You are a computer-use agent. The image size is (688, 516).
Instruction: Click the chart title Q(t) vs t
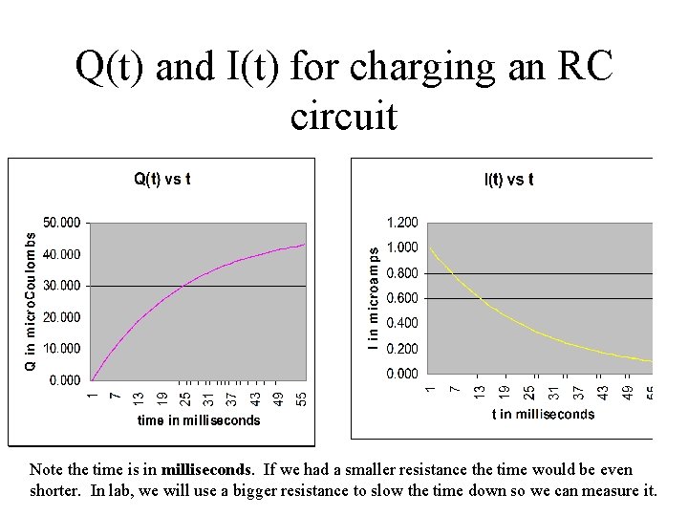click(x=161, y=178)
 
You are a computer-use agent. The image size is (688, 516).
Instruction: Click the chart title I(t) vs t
click(x=508, y=180)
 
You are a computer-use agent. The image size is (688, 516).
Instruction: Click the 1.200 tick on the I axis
click(x=401, y=223)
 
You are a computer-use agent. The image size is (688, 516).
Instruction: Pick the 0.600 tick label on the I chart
click(x=401, y=298)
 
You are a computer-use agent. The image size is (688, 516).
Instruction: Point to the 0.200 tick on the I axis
click(x=401, y=349)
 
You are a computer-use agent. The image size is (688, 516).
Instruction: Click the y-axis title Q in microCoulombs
click(x=30, y=297)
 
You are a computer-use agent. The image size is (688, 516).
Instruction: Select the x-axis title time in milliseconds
click(x=199, y=420)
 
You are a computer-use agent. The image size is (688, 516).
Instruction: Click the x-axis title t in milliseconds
click(x=543, y=414)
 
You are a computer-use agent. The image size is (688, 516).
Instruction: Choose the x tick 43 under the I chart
click(x=603, y=392)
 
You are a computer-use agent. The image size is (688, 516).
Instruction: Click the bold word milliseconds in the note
click(x=207, y=470)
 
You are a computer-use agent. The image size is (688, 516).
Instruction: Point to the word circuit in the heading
click(x=343, y=117)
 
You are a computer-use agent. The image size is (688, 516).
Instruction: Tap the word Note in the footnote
click(x=45, y=470)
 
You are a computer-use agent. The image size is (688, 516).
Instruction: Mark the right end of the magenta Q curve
click(x=305, y=245)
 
